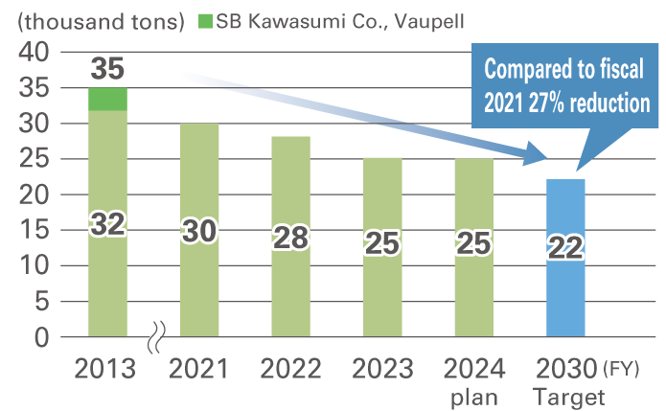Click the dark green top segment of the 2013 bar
tap(107, 99)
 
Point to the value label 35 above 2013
tap(108, 68)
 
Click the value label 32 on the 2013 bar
tap(108, 224)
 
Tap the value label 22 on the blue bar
tap(565, 248)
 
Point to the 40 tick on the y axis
tap(34, 54)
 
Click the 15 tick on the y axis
tap(34, 231)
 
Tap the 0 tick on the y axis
tap(41, 337)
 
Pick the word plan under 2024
tap(473, 395)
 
